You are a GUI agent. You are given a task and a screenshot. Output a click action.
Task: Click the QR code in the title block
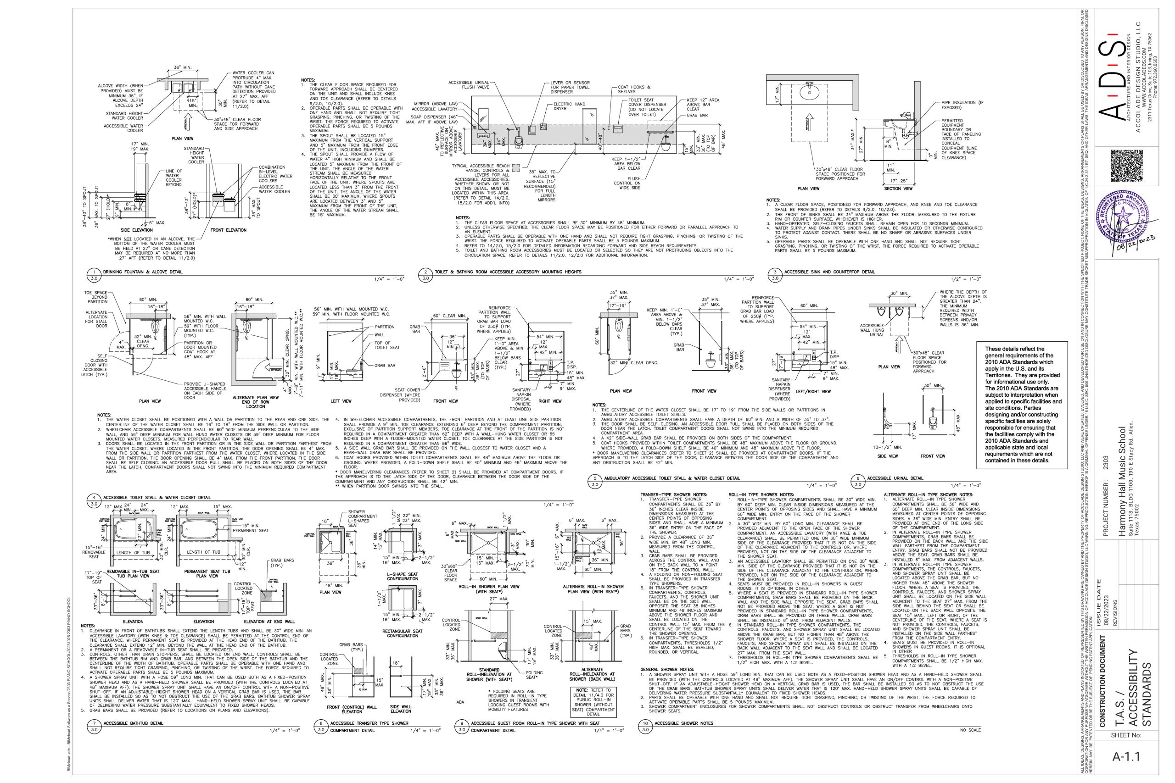click(1126, 166)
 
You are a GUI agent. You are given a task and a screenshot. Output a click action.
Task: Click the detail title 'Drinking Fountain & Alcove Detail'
click(142, 272)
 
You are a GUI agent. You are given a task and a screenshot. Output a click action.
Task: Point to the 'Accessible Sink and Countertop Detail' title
click(829, 272)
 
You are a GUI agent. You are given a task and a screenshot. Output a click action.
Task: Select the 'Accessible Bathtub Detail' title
click(133, 723)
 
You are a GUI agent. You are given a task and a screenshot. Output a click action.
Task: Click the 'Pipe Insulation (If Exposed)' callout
click(958, 105)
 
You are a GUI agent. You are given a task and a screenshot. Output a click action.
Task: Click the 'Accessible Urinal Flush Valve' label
click(469, 84)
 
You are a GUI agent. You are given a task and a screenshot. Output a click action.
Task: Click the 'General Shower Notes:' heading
click(667, 669)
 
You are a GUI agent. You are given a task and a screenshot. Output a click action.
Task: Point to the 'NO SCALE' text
click(970, 730)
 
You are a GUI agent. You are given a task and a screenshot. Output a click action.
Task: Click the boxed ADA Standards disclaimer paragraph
click(1022, 405)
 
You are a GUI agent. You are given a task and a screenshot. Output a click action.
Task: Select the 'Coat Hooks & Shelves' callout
click(631, 89)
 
